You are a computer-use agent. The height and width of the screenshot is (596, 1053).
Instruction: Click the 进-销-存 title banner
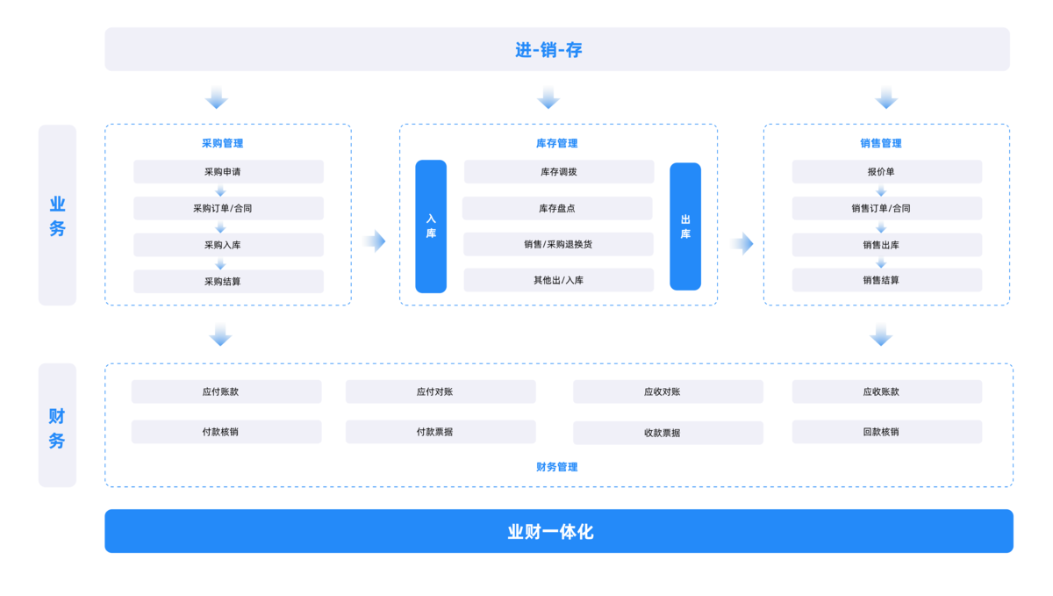click(x=556, y=49)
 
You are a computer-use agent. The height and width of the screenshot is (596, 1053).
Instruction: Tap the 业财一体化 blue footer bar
click(x=558, y=531)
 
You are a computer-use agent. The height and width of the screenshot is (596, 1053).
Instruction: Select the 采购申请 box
click(x=228, y=172)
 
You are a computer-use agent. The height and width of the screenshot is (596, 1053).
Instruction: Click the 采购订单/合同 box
click(x=228, y=209)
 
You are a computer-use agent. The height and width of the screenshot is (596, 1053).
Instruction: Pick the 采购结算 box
click(x=228, y=282)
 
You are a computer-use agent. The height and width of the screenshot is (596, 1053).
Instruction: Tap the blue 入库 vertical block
click(x=431, y=226)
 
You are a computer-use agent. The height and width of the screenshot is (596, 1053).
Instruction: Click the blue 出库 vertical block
click(x=685, y=226)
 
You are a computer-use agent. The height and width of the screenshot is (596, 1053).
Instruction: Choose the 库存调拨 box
click(x=559, y=172)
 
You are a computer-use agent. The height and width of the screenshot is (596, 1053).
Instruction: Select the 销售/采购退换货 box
click(x=558, y=244)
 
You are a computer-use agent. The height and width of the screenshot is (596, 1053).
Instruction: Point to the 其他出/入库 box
click(x=558, y=280)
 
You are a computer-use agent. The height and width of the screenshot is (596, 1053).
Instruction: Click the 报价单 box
click(x=886, y=172)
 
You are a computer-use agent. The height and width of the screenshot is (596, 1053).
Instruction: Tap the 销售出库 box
click(x=886, y=245)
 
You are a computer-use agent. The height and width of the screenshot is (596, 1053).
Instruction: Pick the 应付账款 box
click(x=226, y=391)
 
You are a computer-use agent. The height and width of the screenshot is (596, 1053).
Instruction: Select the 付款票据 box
click(x=441, y=432)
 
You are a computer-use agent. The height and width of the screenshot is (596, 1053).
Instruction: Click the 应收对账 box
click(x=668, y=391)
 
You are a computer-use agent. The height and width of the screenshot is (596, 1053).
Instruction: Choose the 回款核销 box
click(x=886, y=432)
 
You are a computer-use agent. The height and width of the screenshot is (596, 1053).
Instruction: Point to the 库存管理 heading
click(x=557, y=143)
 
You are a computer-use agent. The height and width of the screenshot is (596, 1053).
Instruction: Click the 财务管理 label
click(x=557, y=467)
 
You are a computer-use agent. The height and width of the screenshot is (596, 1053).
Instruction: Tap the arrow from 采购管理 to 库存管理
click(x=375, y=241)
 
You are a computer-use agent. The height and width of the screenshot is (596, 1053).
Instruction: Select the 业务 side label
click(x=57, y=216)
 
